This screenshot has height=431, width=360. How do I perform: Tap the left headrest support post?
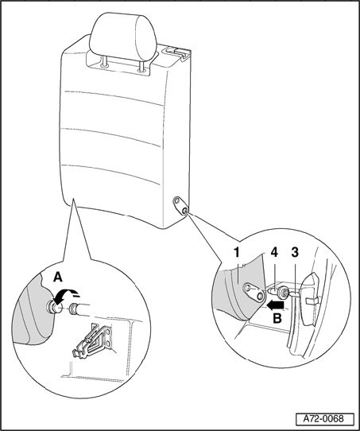tap(104, 60)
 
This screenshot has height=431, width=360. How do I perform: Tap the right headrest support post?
tap(141, 66)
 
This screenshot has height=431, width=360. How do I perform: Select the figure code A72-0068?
tap(323, 418)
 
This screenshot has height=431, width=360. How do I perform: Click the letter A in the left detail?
tap(58, 277)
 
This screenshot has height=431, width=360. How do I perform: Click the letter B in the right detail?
tap(277, 319)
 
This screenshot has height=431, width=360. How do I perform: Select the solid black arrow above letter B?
tap(275, 305)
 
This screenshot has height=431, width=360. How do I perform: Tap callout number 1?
tap(237, 253)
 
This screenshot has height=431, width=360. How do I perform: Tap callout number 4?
tap(274, 253)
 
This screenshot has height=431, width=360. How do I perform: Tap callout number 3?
tap(295, 253)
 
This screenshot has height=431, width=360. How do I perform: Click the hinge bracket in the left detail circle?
tap(92, 341)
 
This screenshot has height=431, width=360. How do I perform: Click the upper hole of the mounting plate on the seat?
tap(177, 200)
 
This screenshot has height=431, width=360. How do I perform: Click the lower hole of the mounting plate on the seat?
tap(184, 211)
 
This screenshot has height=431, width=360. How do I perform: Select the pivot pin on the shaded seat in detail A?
tap(54, 307)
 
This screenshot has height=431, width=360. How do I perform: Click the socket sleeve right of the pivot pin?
tap(74, 308)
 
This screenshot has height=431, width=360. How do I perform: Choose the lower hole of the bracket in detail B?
tap(259, 296)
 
